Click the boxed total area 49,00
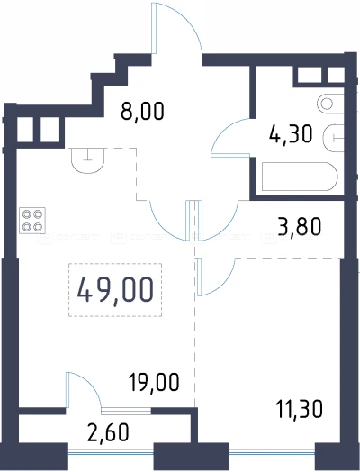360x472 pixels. coord(114,290)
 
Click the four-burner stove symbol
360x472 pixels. coord(33,221)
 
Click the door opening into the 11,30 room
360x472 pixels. coord(216,275)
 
